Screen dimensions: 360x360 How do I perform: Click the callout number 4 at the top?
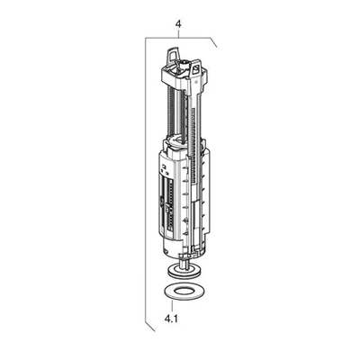[x=178, y=24]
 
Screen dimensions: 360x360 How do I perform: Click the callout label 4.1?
[x=171, y=318]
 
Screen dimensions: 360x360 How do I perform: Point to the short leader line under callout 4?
[x=178, y=33]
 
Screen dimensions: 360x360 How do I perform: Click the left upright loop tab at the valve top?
[x=173, y=56]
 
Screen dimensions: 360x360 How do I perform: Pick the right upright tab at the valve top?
[x=195, y=68]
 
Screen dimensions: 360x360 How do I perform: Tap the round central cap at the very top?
[x=183, y=63]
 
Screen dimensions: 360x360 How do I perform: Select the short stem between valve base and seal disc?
[x=183, y=260]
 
